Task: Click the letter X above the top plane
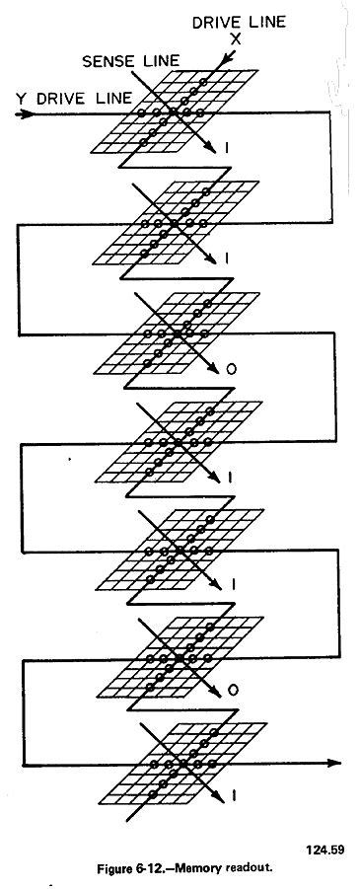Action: point(235,38)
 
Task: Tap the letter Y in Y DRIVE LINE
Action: point(19,98)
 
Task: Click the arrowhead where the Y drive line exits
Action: point(335,762)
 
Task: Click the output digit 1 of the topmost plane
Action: point(228,148)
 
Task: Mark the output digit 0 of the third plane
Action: point(230,371)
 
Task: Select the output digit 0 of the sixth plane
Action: point(230,691)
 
